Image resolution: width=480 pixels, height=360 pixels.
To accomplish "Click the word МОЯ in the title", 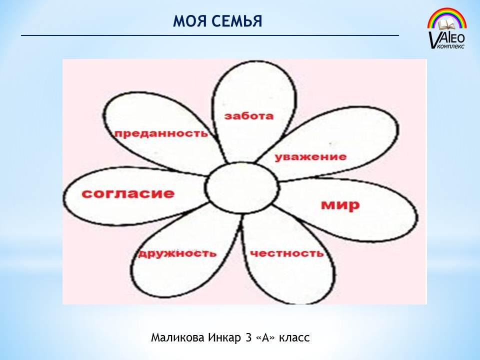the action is click(189, 21).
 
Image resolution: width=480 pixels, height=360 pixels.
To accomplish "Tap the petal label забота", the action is click(248, 116).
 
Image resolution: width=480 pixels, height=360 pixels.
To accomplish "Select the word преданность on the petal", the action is click(161, 133).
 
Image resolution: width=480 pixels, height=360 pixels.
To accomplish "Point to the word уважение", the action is click(310, 157).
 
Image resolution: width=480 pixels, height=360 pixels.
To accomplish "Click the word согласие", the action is click(128, 193).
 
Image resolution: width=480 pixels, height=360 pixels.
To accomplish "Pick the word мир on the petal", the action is click(340, 205).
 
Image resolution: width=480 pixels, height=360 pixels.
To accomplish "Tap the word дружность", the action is click(177, 254).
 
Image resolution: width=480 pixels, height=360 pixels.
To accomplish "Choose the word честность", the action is click(287, 254).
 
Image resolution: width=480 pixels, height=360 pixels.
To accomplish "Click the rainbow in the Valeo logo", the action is click(447, 18).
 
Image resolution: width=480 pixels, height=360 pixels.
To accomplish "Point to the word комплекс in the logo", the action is click(451, 46).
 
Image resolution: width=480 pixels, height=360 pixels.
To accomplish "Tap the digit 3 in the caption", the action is click(248, 337).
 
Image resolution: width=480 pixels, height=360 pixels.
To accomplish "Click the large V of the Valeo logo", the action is click(433, 39).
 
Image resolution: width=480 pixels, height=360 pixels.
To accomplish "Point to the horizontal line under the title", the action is click(210, 35).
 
